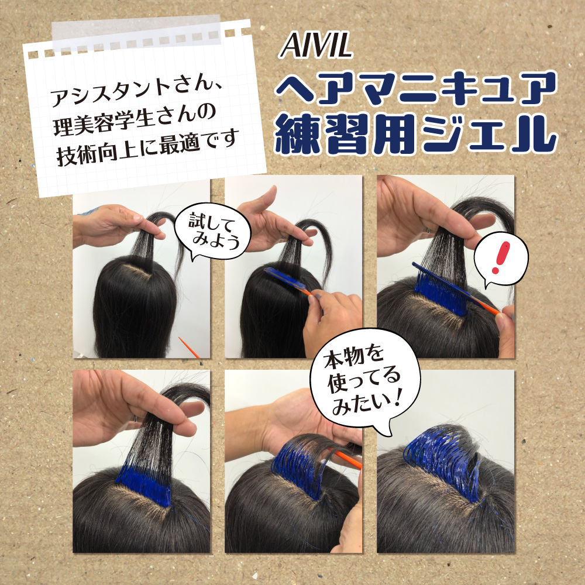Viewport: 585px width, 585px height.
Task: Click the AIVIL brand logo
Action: coord(316,45)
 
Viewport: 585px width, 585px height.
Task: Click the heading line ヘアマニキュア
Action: coord(415,88)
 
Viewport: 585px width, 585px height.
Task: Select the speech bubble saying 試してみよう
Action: coord(213,231)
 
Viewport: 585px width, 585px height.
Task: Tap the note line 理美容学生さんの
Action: coord(135,120)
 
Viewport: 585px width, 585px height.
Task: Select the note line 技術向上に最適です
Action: coord(147,146)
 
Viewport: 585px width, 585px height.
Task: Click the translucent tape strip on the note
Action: coord(136,33)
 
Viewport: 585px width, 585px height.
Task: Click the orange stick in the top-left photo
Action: coord(189,347)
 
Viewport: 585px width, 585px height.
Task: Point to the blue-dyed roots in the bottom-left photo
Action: coord(144,484)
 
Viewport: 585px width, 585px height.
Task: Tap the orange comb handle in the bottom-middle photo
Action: coord(347,460)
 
